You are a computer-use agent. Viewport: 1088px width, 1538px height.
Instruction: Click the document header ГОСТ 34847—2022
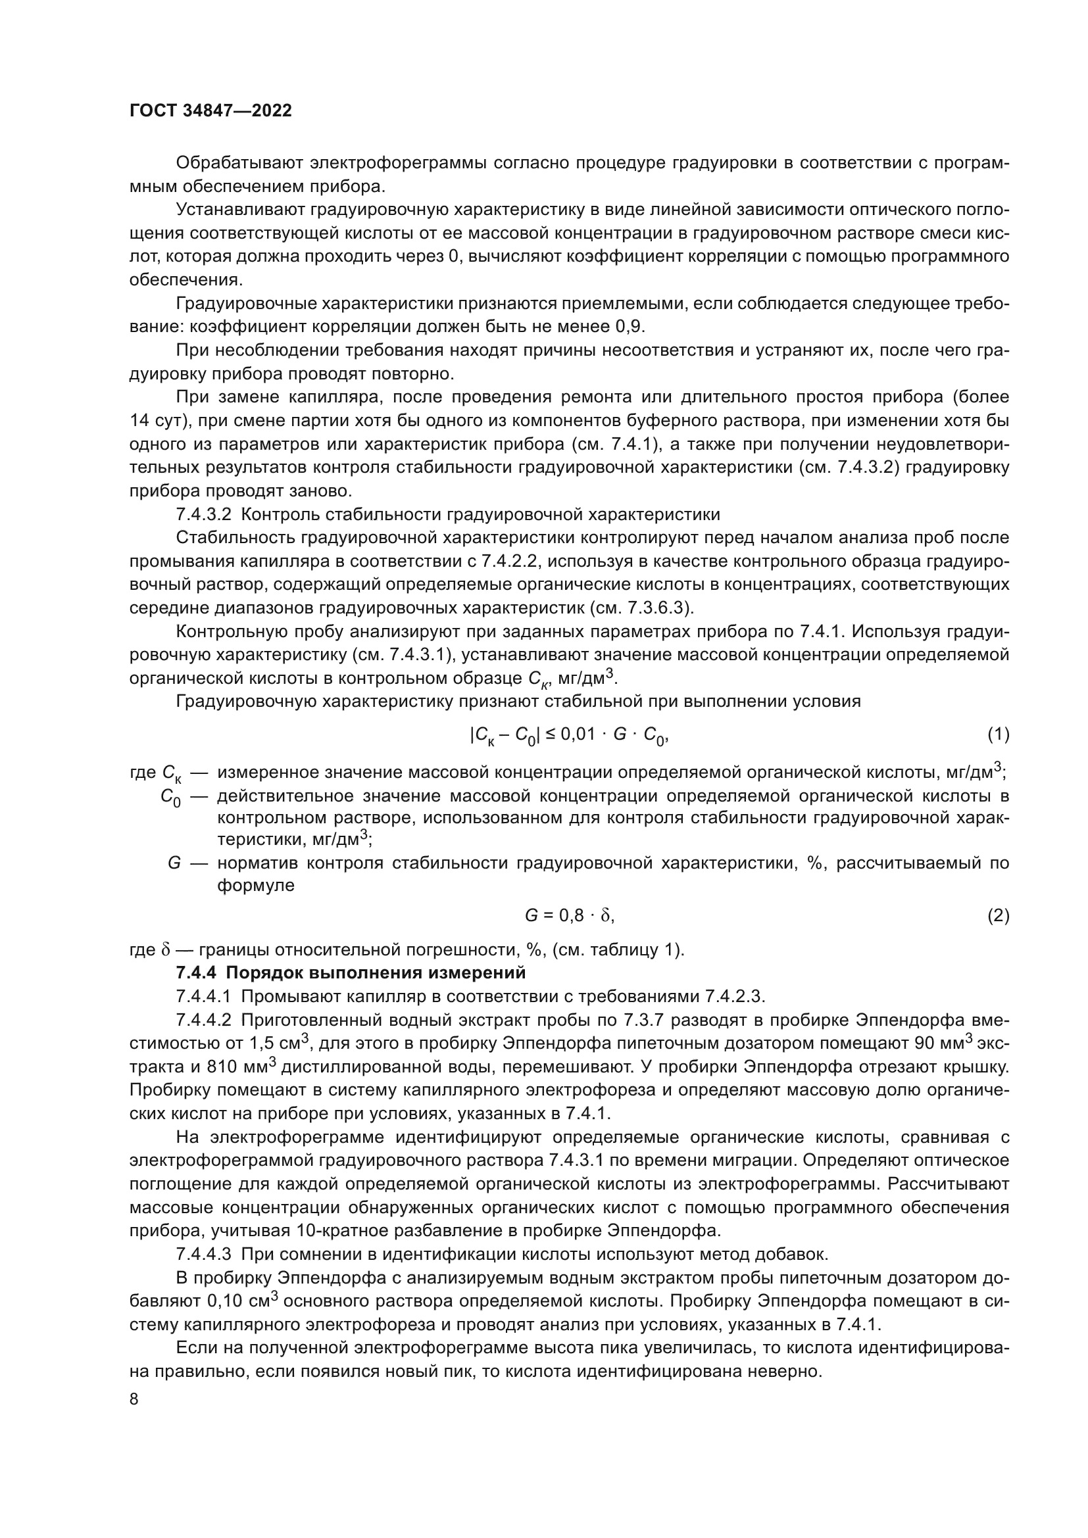(x=210, y=111)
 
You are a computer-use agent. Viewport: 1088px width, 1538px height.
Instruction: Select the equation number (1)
(x=998, y=735)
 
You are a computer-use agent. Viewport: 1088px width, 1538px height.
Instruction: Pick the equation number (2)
(x=998, y=916)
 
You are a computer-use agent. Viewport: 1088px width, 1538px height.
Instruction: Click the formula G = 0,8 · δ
(x=569, y=916)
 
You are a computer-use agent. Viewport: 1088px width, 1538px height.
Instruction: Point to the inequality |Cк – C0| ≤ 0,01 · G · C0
(x=569, y=736)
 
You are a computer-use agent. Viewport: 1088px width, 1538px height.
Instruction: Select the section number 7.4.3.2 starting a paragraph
(x=204, y=515)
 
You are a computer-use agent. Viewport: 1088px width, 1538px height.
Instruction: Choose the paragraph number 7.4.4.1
(x=204, y=996)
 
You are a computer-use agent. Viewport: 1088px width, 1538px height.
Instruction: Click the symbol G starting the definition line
(x=174, y=863)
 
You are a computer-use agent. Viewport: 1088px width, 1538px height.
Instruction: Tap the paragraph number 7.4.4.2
(x=204, y=1021)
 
